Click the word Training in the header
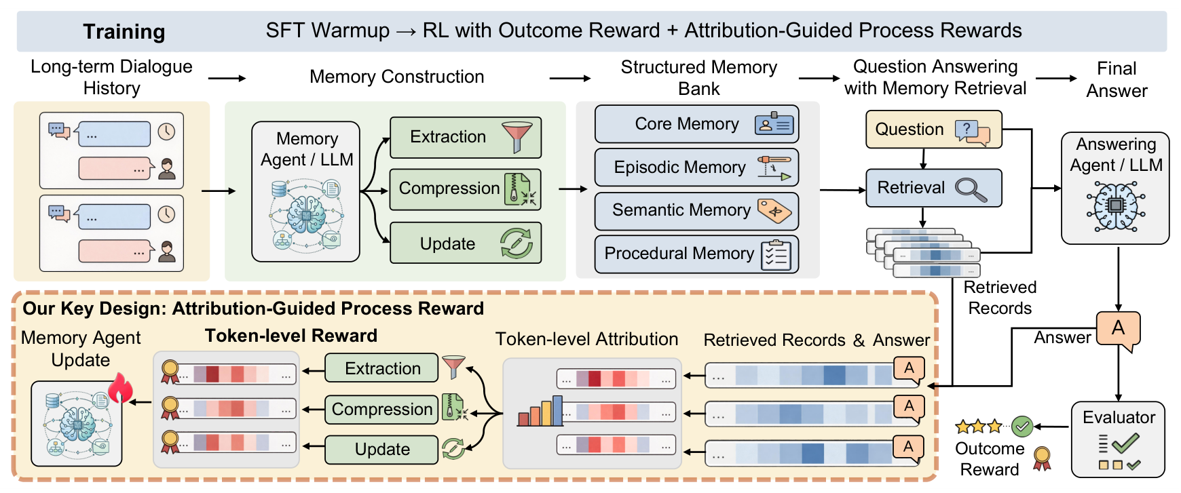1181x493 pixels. [x=124, y=32]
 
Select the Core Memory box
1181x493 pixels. [x=696, y=124]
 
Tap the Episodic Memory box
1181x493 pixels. [x=696, y=167]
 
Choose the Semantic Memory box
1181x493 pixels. [x=696, y=211]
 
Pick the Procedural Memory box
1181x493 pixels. [x=696, y=254]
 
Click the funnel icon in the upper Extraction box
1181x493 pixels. [x=517, y=136]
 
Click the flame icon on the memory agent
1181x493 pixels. [x=121, y=388]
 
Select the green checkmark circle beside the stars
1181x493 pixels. [x=1022, y=427]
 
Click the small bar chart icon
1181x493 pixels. [x=540, y=411]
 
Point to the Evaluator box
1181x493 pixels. [x=1118, y=439]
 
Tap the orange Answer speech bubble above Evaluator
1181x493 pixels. [x=1118, y=330]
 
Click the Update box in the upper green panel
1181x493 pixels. [x=466, y=243]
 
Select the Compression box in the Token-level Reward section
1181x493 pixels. [x=381, y=410]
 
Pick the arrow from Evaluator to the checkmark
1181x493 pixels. [x=1052, y=427]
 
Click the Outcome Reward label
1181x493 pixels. [x=990, y=459]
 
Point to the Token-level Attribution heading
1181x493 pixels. [x=587, y=339]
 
